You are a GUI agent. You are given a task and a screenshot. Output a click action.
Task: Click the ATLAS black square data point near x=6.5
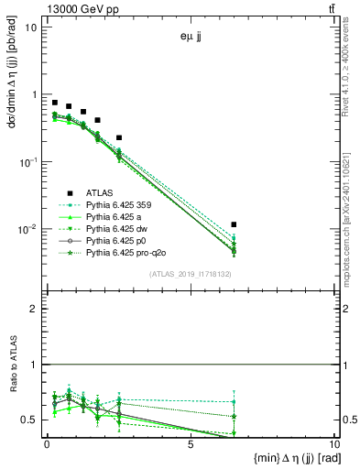tap(235, 224)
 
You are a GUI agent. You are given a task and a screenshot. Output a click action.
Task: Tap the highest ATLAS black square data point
tap(55, 103)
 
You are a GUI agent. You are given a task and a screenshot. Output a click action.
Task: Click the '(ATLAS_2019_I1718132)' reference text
tap(190, 274)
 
